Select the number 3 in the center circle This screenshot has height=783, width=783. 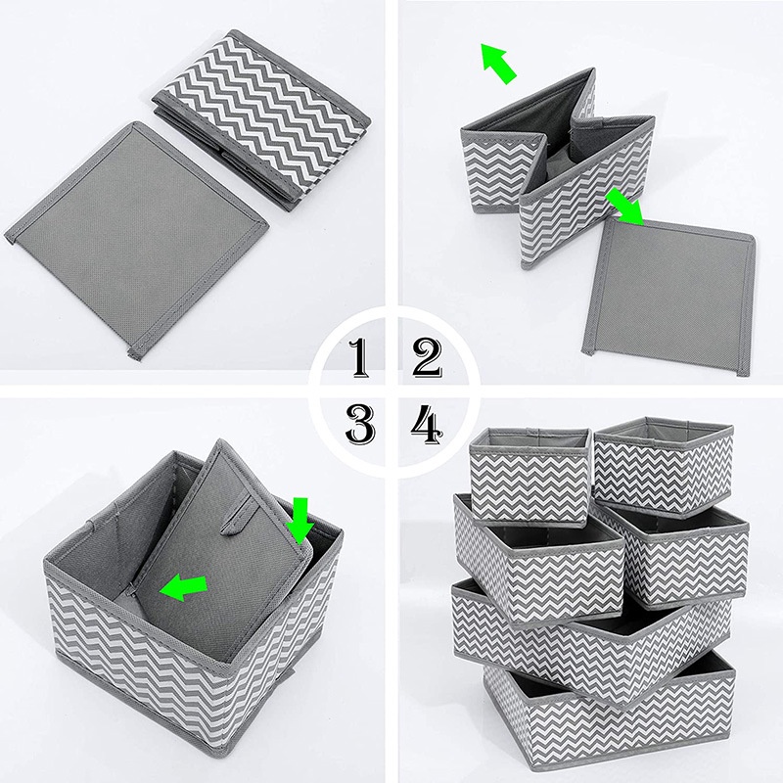[x=359, y=423]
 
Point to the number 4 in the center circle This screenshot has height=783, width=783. [x=426, y=423]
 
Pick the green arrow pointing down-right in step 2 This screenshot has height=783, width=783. [x=625, y=207]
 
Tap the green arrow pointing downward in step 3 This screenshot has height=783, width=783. [x=299, y=518]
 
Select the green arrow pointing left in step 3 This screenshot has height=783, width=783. [x=185, y=587]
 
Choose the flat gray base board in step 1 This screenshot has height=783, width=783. [x=137, y=240]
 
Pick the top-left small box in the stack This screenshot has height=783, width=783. [x=529, y=470]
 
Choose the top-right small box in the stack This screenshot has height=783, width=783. [x=664, y=465]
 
